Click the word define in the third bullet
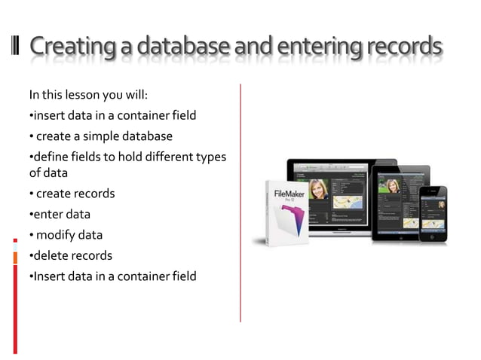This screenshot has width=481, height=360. click(49, 157)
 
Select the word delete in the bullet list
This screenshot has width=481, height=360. click(51, 255)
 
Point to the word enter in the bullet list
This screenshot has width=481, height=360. click(47, 215)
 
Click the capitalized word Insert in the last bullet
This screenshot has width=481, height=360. click(47, 276)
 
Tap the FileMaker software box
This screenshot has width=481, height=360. click(286, 211)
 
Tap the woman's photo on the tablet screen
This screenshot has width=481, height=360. click(393, 185)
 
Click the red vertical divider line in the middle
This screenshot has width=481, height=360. click(240, 203)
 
